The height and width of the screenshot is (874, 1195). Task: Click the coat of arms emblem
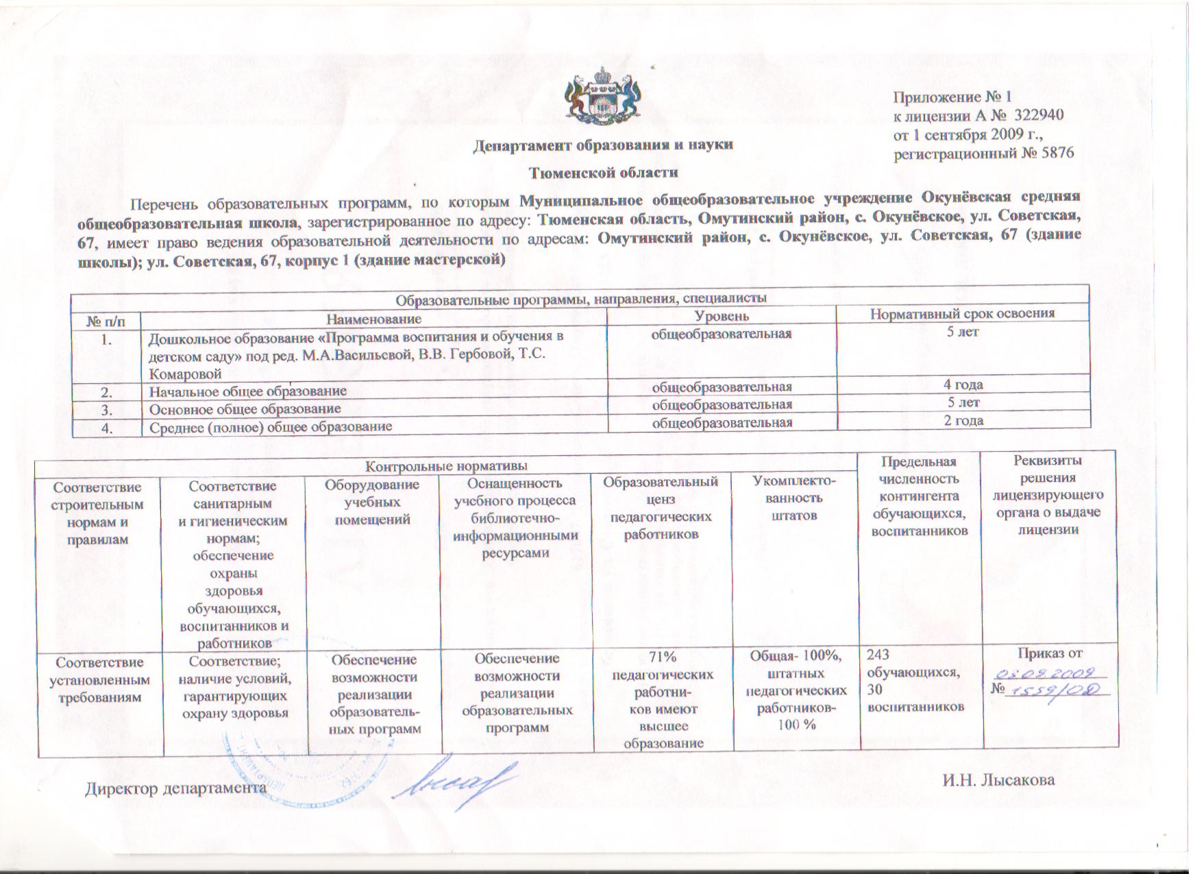pyautogui.click(x=601, y=97)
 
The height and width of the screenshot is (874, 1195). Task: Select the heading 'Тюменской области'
pyautogui.click(x=604, y=173)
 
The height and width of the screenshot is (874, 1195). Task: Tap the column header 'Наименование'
pyautogui.click(x=373, y=319)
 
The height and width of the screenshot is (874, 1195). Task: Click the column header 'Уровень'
pyautogui.click(x=722, y=316)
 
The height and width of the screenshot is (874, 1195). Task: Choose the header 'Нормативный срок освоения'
pyautogui.click(x=962, y=314)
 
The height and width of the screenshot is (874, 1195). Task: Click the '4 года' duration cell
pyautogui.click(x=963, y=385)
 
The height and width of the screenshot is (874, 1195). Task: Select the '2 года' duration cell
pyautogui.click(x=963, y=420)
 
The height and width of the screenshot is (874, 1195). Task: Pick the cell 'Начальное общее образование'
pyautogui.click(x=248, y=391)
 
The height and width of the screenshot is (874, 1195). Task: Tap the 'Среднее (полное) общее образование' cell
pyautogui.click(x=271, y=426)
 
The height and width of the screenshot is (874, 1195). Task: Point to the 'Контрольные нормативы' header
pyautogui.click(x=446, y=466)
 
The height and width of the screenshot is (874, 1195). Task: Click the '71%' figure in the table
pyautogui.click(x=662, y=657)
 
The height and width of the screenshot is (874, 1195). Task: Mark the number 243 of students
pyautogui.click(x=880, y=654)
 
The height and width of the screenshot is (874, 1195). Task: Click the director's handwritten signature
pyautogui.click(x=457, y=781)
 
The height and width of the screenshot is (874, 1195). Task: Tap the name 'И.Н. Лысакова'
pyautogui.click(x=998, y=779)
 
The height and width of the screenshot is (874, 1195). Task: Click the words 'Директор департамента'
pyautogui.click(x=175, y=788)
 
